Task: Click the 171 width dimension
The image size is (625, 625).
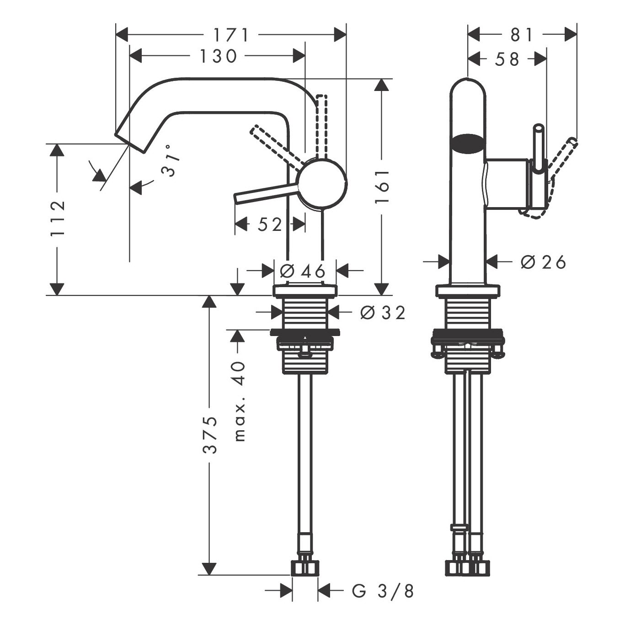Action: coord(231,35)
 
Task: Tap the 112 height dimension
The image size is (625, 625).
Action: coord(58,219)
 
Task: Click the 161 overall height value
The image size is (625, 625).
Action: coord(382,187)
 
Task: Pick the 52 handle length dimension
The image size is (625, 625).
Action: coord(270,224)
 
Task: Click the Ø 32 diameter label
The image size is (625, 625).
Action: coord(383,313)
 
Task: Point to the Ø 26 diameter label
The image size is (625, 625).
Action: coord(543,262)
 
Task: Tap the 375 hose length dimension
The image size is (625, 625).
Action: coord(209,435)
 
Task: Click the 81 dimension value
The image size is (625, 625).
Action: coord(522,35)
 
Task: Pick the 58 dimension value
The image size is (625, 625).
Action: coord(507,60)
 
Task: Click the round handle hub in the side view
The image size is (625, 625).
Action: coord(323,183)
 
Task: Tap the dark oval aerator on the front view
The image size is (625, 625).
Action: coord(468,144)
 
